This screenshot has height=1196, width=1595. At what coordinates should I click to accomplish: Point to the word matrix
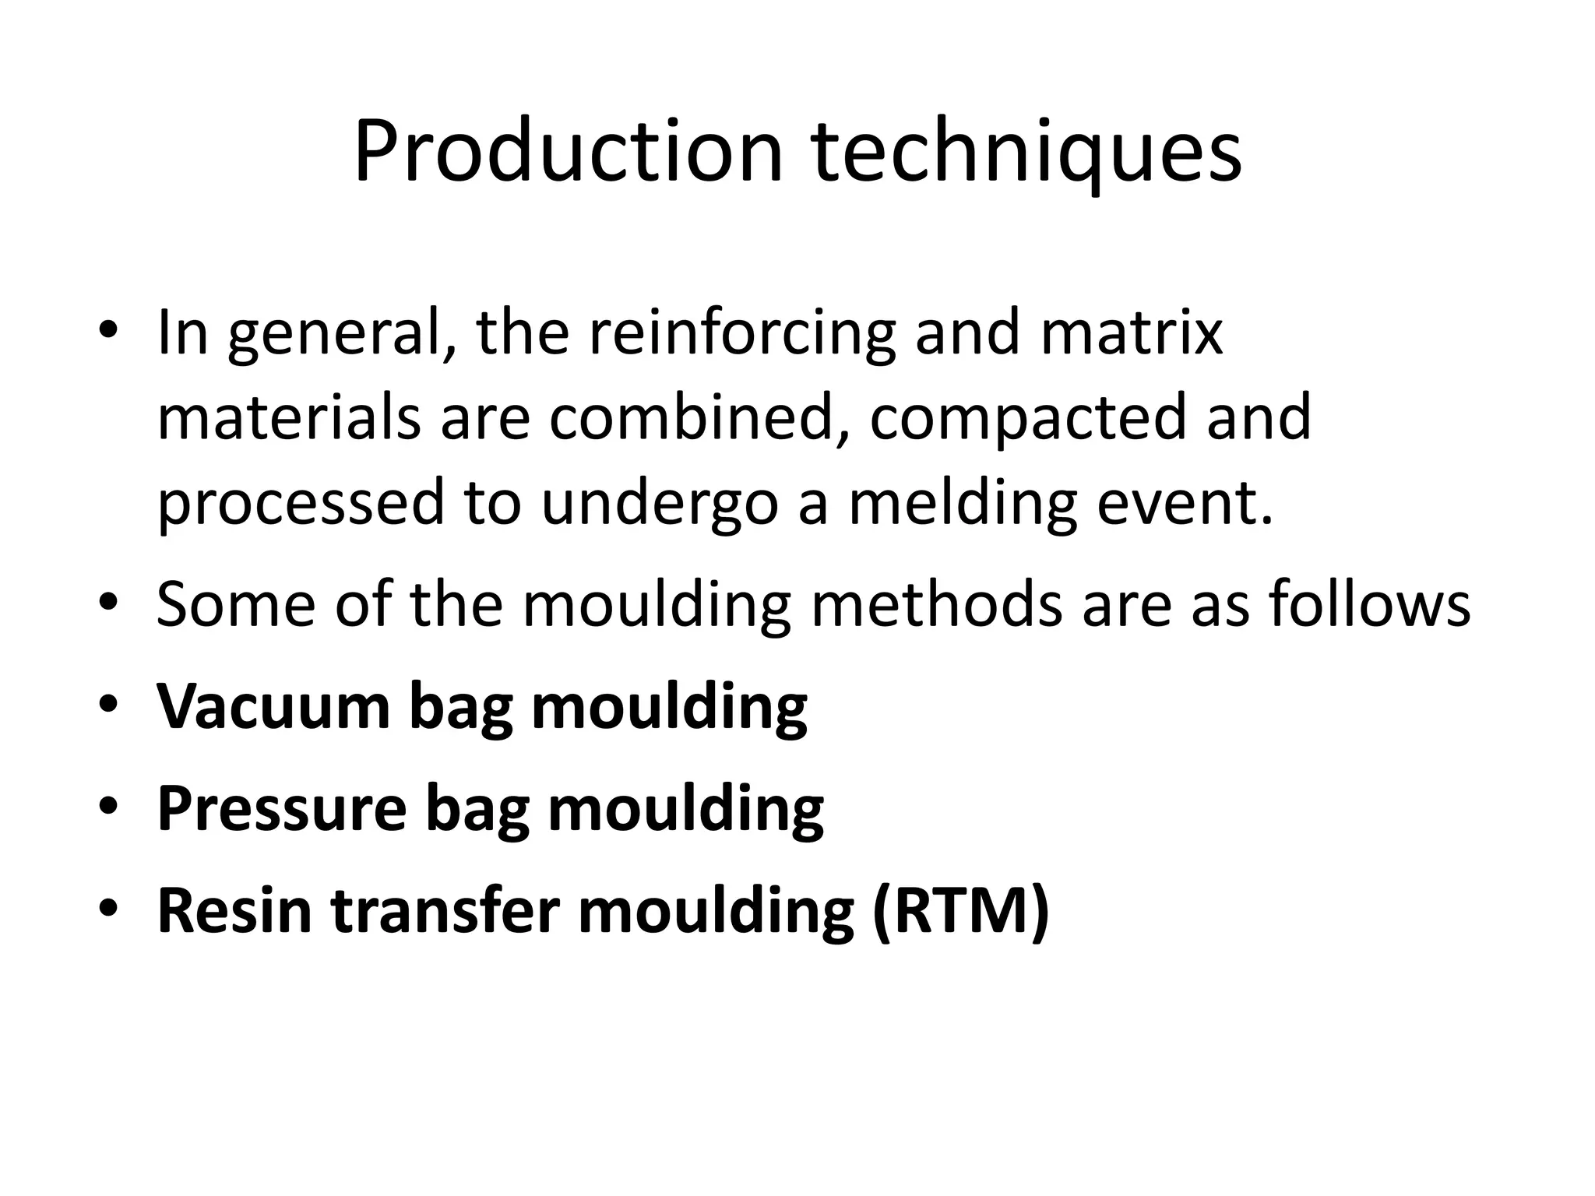(x=1131, y=333)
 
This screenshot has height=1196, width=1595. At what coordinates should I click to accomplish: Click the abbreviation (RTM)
(x=961, y=912)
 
